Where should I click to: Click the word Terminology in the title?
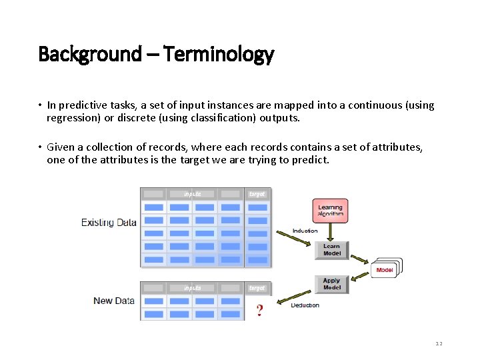[218, 54]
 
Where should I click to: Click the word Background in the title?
[90, 53]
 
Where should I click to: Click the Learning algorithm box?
[330, 211]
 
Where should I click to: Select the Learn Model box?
[331, 250]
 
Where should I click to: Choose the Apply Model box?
[331, 284]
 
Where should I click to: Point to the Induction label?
[305, 231]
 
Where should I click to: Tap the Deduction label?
[305, 305]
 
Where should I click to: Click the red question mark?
[259, 311]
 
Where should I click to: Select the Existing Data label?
[109, 222]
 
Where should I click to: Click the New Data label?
[114, 301]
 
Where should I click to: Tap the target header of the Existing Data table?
[257, 194]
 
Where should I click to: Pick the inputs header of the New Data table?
[192, 288]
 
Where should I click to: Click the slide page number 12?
[439, 344]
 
